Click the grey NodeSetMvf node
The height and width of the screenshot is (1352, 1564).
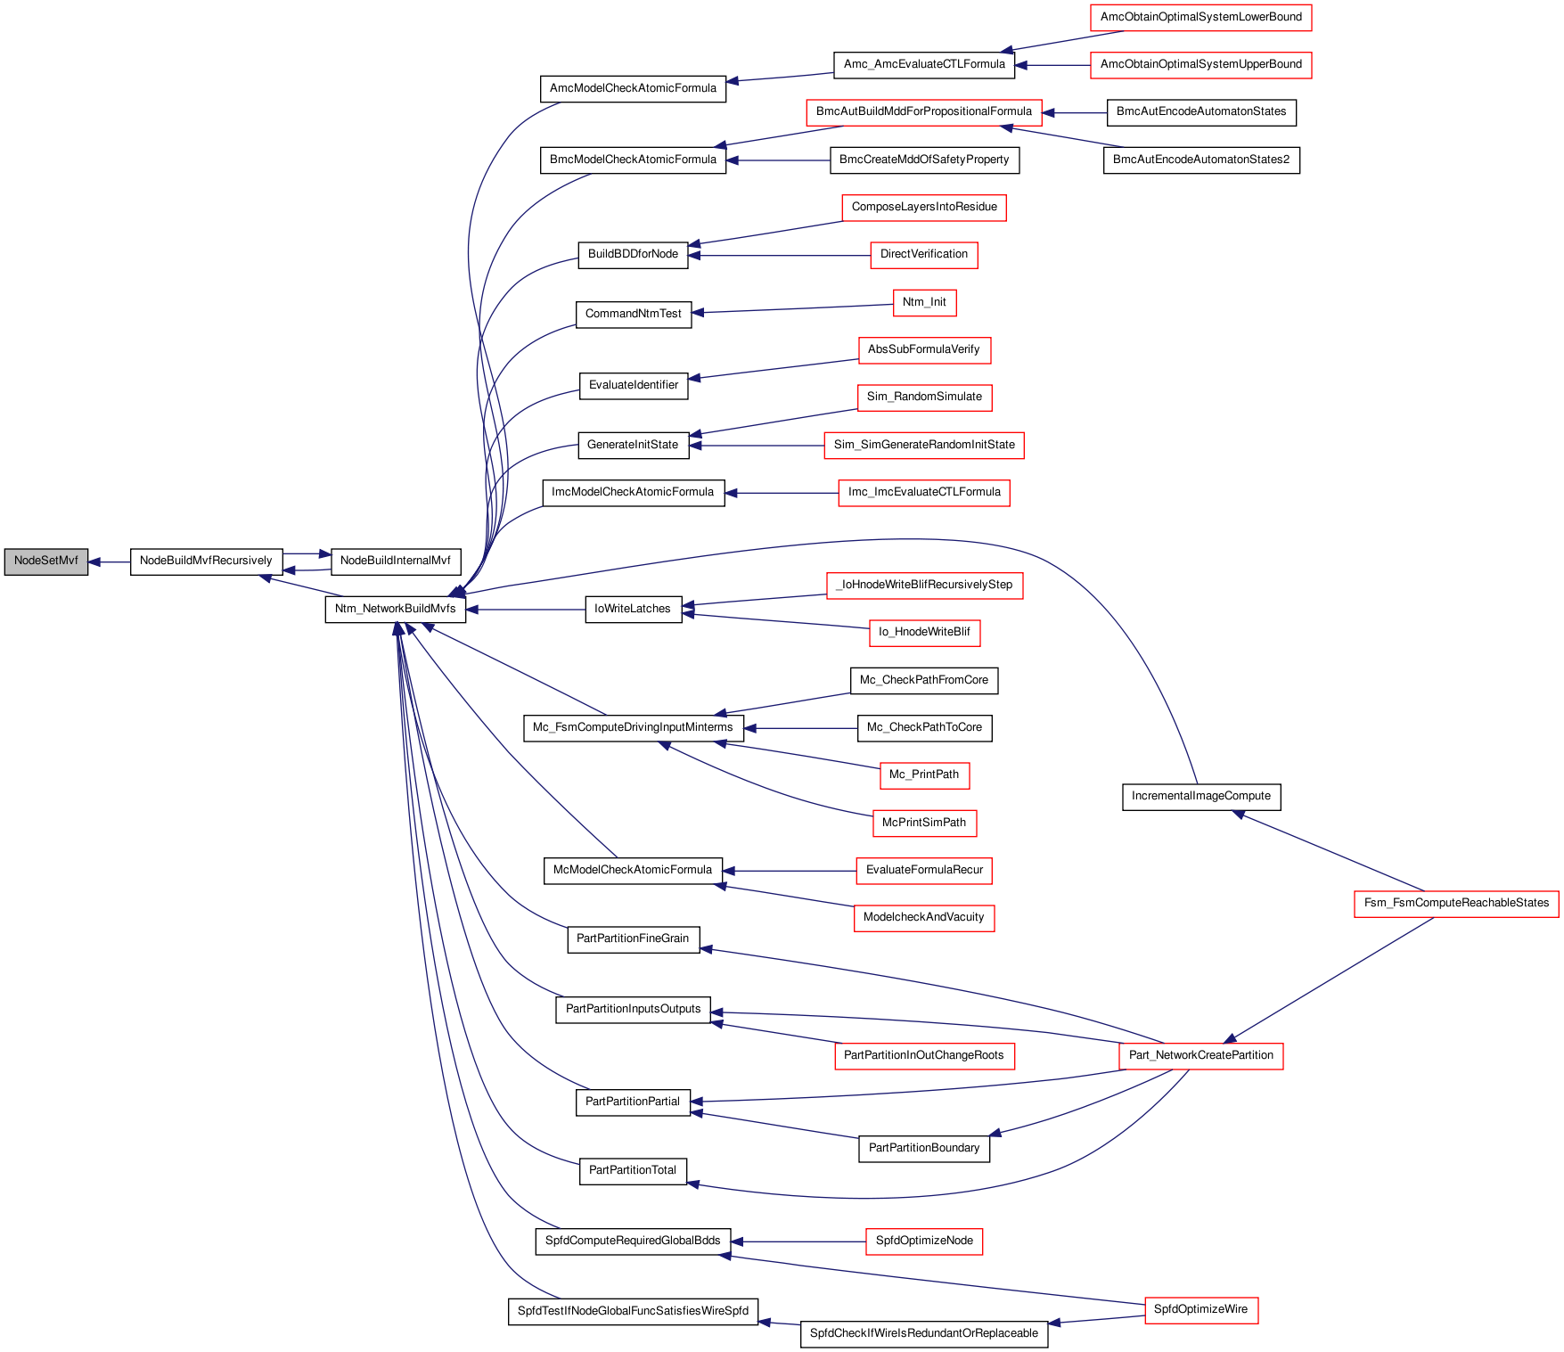tap(46, 561)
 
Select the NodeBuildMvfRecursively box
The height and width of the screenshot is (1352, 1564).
tap(206, 561)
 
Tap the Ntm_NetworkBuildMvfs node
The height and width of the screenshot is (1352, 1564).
tap(396, 610)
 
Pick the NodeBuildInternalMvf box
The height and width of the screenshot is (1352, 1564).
tap(396, 561)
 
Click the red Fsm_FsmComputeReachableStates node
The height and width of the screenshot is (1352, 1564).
tap(1456, 904)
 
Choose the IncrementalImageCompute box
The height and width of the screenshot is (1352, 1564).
tap(1201, 797)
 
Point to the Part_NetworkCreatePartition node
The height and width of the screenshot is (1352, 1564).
tap(1201, 1056)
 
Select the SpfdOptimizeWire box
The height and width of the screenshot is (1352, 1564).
tap(1201, 1310)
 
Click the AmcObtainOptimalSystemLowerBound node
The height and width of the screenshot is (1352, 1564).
tap(1201, 18)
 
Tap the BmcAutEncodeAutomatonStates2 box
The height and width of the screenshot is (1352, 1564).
tap(1201, 160)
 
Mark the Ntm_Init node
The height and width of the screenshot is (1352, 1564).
tap(924, 303)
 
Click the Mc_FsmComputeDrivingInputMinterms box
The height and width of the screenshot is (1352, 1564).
tap(633, 728)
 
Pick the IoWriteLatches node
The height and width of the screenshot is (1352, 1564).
tap(633, 610)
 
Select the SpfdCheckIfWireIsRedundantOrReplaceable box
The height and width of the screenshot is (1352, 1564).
tap(924, 1334)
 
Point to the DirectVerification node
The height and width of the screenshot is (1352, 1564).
tap(924, 255)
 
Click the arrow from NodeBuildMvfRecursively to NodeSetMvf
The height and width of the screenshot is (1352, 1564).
tap(109, 562)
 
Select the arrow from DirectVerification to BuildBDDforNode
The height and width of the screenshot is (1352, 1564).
tap(779, 256)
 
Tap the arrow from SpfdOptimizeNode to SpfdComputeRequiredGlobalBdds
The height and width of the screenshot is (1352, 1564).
tap(798, 1241)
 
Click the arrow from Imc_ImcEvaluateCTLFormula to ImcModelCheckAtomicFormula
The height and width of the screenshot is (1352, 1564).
tap(782, 493)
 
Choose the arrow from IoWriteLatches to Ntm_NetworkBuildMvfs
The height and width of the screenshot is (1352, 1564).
tap(525, 610)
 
